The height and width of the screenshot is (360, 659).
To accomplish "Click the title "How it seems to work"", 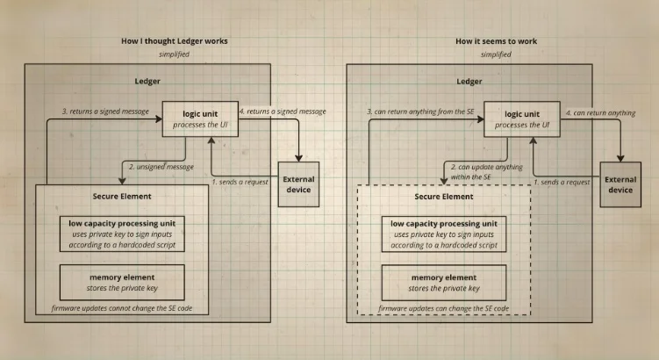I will [496, 41].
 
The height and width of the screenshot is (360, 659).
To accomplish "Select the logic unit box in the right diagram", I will [522, 119].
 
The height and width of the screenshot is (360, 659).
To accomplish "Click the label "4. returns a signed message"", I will [284, 112].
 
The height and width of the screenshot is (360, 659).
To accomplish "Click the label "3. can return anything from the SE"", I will [421, 112].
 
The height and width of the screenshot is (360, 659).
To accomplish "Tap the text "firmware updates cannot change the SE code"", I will [122, 309].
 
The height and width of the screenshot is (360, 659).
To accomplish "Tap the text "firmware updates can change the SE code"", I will [443, 309].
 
